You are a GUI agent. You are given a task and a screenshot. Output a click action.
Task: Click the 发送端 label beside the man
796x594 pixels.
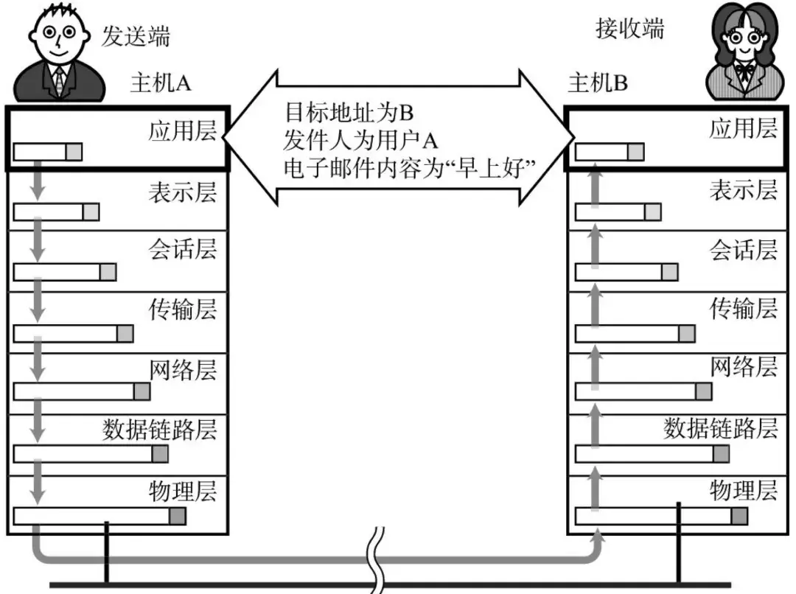[135, 35]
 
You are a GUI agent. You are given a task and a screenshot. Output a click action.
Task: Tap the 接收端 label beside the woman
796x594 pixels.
[629, 29]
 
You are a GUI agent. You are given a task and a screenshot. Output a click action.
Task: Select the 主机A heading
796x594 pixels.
[160, 83]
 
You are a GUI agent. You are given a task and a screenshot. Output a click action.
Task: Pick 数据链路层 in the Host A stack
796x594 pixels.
[160, 429]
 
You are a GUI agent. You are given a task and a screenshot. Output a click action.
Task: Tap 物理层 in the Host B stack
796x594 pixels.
[743, 489]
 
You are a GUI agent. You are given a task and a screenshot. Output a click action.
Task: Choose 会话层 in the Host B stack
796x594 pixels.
[743, 250]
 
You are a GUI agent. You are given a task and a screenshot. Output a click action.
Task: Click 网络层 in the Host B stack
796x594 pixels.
[743, 366]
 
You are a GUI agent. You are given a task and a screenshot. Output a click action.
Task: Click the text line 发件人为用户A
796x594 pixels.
[360, 140]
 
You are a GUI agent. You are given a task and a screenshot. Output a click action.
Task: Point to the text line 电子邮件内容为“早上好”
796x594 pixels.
[408, 167]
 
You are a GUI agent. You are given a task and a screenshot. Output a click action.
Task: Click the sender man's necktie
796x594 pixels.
[58, 80]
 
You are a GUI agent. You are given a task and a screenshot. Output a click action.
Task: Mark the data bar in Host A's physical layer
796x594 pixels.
[99, 516]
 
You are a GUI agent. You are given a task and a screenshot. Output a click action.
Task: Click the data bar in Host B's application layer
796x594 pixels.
[609, 152]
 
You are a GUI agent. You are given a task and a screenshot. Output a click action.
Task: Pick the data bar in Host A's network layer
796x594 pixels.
[82, 391]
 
